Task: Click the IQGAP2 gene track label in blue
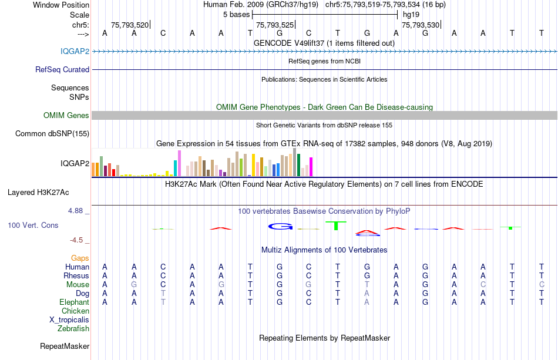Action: pyautogui.click(x=75, y=51)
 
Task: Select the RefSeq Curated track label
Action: pyautogui.click(x=62, y=69)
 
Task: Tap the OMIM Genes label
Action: pyautogui.click(x=66, y=115)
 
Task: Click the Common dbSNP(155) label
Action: pyautogui.click(x=52, y=133)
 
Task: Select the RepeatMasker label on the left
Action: pyautogui.click(x=65, y=346)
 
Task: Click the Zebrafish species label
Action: pyautogui.click(x=73, y=329)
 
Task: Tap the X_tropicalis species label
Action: pyautogui.click(x=69, y=320)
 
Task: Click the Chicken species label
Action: pyautogui.click(x=75, y=311)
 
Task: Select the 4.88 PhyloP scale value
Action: pyautogui.click(x=78, y=211)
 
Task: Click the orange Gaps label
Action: pyautogui.click(x=80, y=258)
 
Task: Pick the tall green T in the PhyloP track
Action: pyautogui.click(x=336, y=225)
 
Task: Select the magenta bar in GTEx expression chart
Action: pyautogui.click(x=310, y=167)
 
